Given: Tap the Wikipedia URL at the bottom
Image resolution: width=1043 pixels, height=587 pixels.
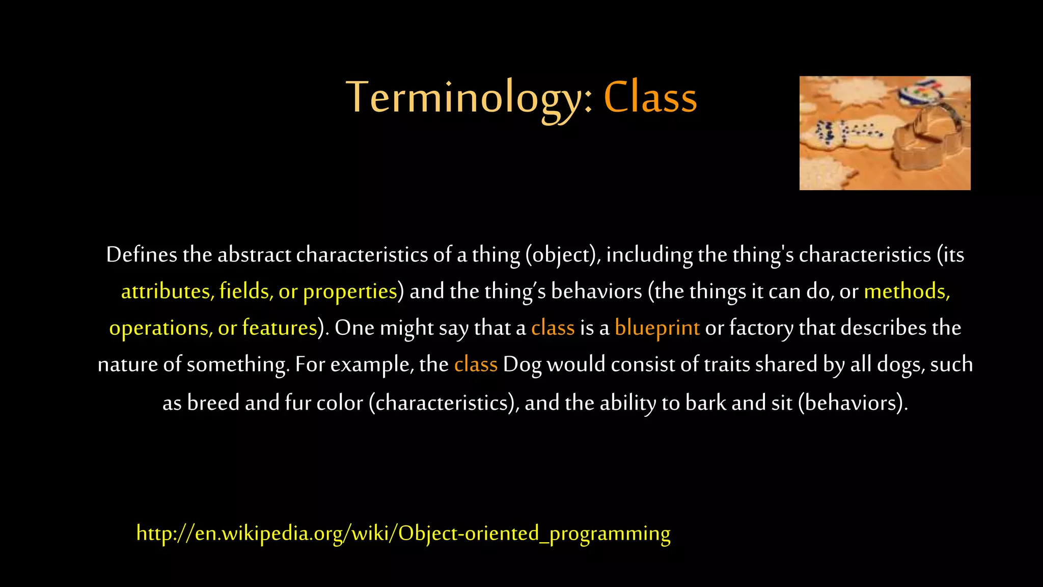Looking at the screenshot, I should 403,533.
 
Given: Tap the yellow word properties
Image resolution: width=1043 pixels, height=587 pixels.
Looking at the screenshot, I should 350,291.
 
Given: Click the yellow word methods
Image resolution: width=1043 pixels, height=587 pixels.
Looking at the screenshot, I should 907,291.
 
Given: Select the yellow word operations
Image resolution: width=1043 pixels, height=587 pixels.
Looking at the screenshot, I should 161,328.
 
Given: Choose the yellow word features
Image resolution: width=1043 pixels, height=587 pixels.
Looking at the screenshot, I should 280,328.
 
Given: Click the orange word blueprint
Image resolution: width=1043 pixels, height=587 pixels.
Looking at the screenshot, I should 657,328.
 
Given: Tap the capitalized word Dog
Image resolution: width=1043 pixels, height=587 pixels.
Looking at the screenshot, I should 522,364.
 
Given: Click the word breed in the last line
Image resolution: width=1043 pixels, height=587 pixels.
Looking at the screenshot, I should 213,403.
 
